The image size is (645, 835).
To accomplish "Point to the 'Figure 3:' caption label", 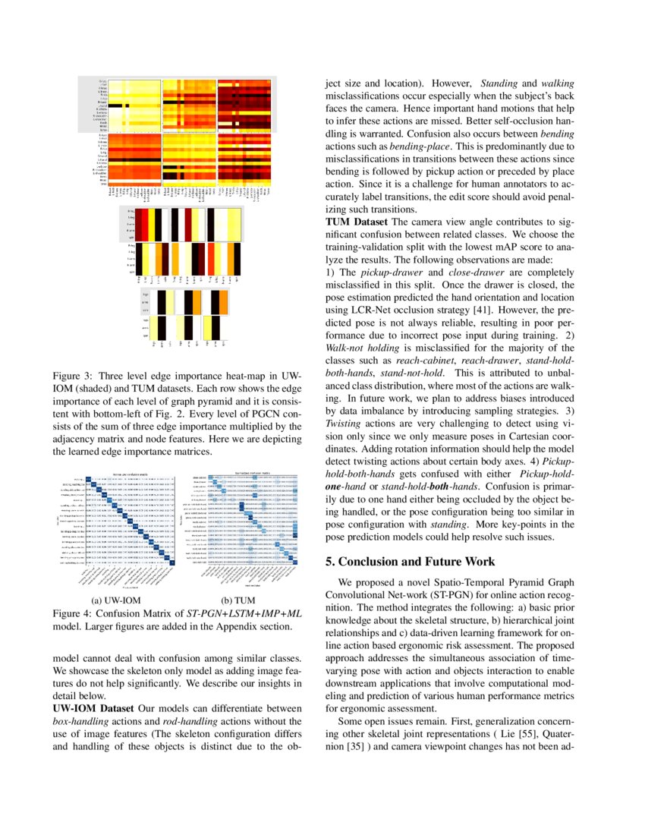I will [74, 377].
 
